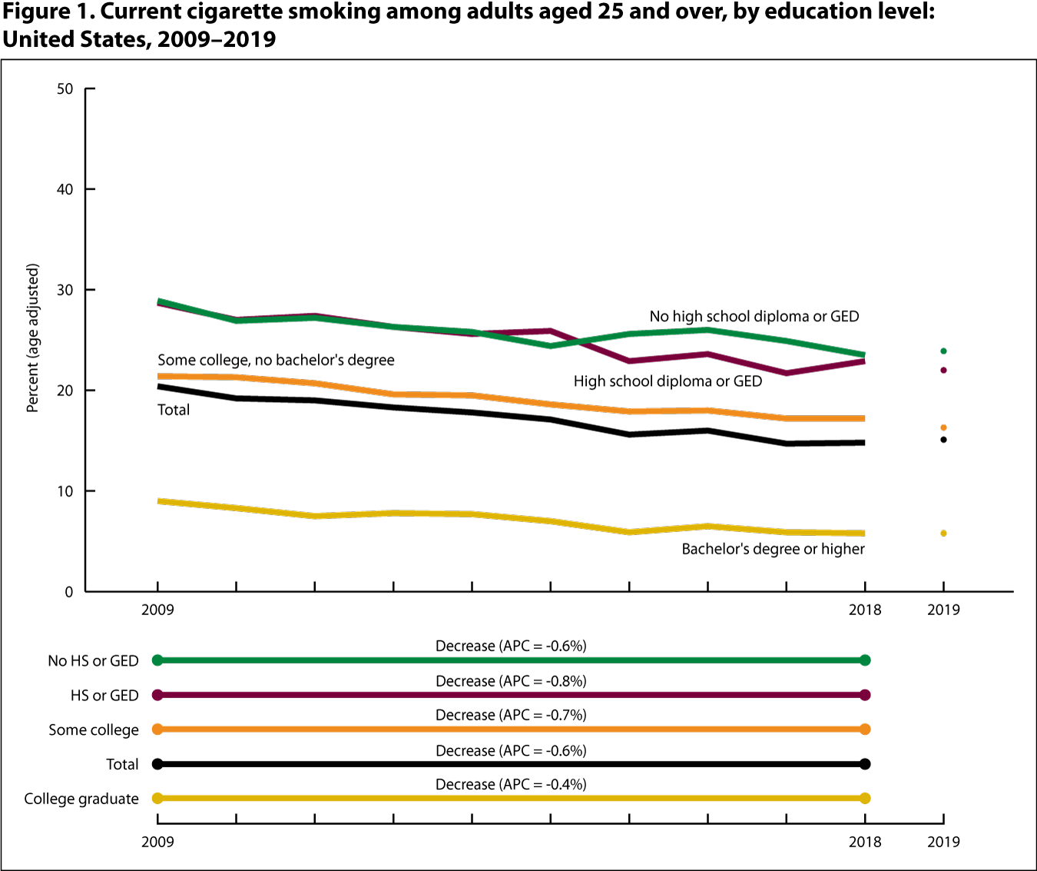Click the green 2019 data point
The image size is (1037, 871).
943,351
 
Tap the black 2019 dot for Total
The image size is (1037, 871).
943,440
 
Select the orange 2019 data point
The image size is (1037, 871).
943,427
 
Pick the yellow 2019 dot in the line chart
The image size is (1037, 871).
943,533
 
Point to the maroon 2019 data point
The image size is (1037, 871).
943,370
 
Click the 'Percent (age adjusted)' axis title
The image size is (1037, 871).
32,338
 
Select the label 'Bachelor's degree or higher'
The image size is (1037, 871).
773,549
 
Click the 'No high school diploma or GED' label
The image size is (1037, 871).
754,317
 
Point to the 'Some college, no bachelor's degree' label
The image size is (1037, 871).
276,360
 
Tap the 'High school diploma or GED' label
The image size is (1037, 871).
668,381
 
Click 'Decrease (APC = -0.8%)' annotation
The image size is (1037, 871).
511,681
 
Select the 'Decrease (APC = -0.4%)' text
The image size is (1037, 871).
511,784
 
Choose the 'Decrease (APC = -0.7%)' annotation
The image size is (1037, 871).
511,715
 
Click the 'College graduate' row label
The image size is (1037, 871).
81,799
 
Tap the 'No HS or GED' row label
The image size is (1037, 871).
93,660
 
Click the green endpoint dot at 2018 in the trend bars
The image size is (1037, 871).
865,660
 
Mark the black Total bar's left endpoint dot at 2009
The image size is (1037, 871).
157,764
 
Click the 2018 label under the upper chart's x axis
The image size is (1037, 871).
865,610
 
